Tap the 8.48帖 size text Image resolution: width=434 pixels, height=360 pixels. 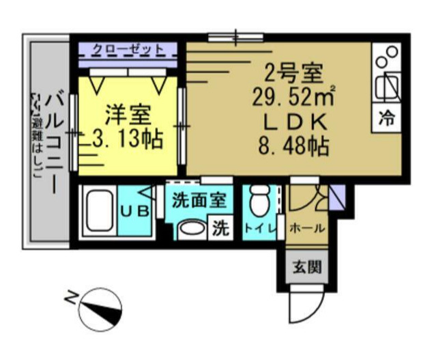click(x=289, y=146)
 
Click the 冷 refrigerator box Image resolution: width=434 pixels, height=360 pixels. click(x=386, y=117)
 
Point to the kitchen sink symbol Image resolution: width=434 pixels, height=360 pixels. click(x=387, y=84)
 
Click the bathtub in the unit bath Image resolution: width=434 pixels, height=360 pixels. click(x=100, y=210)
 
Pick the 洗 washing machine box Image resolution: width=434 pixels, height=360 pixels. click(x=220, y=227)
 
